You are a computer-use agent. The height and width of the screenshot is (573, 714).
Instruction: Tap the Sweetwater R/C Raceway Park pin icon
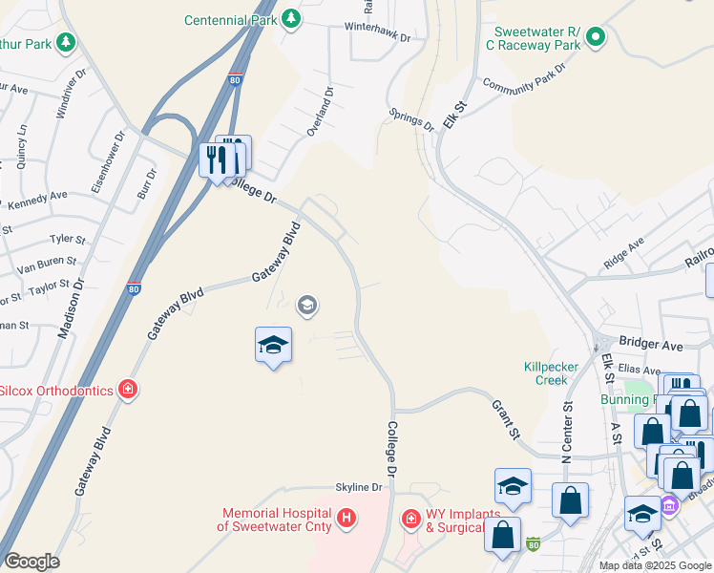point(597,38)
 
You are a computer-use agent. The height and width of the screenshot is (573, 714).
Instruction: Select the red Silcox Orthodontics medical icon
point(127,389)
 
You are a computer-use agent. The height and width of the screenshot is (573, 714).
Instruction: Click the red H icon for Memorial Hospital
point(347,518)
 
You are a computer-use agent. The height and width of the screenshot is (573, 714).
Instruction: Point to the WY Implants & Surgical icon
point(410,518)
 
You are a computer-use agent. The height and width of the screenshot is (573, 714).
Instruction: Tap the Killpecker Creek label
point(545,373)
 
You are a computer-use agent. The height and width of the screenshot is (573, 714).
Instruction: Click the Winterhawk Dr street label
point(379,39)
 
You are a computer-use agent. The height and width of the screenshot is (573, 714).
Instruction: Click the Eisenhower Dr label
point(108,163)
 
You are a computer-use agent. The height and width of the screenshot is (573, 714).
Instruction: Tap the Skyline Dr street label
point(358,487)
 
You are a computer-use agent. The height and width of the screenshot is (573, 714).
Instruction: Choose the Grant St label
point(506,419)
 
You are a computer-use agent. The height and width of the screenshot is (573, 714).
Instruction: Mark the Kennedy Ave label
point(37,200)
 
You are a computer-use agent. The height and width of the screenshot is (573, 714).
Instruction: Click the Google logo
point(31,561)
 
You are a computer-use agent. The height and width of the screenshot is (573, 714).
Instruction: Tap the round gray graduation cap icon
point(307,306)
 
